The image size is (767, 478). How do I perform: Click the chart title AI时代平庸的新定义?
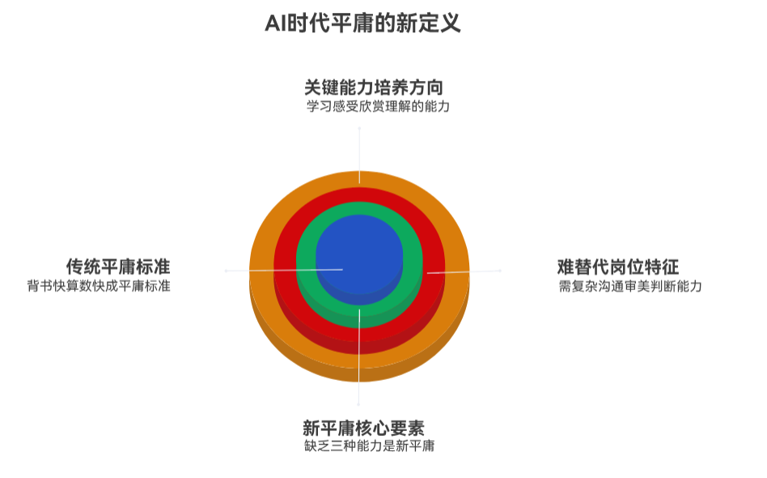362,22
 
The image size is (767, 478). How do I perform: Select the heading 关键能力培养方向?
373,87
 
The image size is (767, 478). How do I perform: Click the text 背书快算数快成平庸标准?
99,286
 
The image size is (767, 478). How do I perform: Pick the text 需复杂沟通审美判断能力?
629,286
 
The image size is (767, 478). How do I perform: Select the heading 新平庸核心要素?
363,427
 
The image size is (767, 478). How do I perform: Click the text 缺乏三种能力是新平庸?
368,446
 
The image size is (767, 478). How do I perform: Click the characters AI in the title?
275,22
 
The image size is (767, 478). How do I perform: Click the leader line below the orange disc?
359,394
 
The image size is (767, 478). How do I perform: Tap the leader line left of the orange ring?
237,270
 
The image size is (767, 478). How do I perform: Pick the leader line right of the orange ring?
485,271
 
